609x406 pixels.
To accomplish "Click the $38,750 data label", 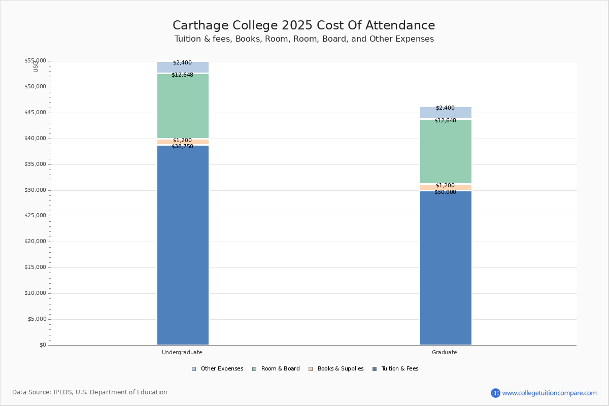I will [x=182, y=147].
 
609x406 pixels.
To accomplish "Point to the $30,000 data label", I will [x=445, y=192].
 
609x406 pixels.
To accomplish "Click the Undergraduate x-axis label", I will [x=182, y=352].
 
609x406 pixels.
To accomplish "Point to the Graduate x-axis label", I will [x=445, y=352].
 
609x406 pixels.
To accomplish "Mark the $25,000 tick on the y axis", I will [x=35, y=216].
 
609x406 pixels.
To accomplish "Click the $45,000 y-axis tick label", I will [x=35, y=113].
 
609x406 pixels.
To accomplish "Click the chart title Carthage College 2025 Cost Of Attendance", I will [x=304, y=26].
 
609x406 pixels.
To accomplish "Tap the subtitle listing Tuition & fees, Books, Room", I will [x=304, y=39].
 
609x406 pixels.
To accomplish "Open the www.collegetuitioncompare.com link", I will [x=550, y=393].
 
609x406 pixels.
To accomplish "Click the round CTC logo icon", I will [x=495, y=393].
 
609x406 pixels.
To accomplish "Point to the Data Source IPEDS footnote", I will [x=90, y=392].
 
